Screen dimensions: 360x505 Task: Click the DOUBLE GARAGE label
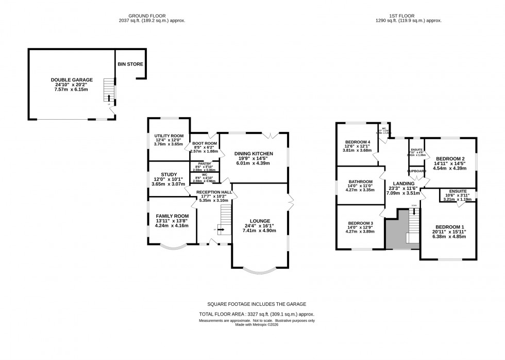pos(72,80)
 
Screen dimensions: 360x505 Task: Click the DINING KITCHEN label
pos(253,154)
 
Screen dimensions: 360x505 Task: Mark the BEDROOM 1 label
pos(450,227)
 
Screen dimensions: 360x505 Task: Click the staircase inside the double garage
pos(108,91)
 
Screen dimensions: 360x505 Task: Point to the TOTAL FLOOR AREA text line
pos(257,314)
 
